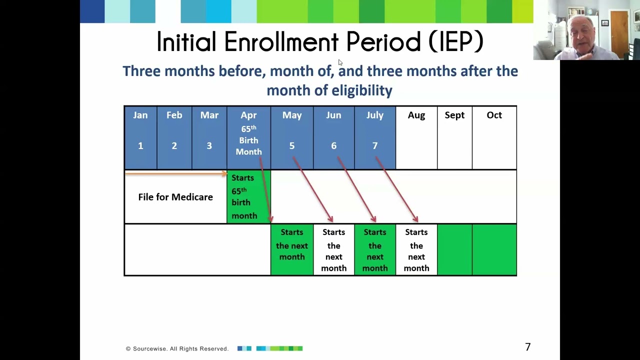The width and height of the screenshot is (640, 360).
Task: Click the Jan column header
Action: pos(140,115)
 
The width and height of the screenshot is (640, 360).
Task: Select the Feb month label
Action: pos(174,115)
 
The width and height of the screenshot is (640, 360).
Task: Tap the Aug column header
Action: pos(416,115)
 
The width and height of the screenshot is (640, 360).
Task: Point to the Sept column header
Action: pos(454,115)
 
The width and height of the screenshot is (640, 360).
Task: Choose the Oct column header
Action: pos(494,115)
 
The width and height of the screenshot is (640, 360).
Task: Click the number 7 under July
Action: pos(375,146)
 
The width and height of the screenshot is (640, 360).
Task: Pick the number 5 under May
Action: pos(292,146)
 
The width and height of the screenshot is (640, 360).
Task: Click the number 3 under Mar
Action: pos(209,146)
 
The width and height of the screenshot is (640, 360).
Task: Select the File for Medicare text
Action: pos(175,197)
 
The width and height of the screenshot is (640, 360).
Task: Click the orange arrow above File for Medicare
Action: pos(175,174)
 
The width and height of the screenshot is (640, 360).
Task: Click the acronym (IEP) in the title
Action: pos(455,42)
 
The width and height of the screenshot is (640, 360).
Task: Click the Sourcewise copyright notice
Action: pos(177,348)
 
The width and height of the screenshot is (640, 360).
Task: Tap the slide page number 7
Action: pos(527,347)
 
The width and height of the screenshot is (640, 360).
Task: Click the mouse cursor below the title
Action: pos(340,62)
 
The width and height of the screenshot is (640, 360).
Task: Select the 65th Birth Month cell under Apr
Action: pos(248,140)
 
